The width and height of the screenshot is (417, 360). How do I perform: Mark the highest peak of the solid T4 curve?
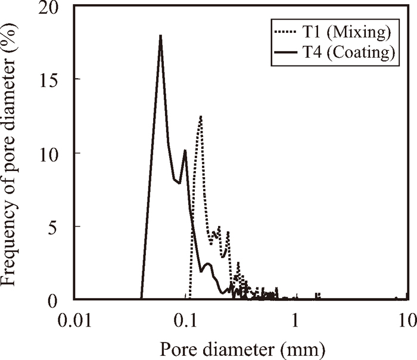point(160,36)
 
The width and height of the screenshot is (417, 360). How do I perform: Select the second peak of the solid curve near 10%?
point(185,150)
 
